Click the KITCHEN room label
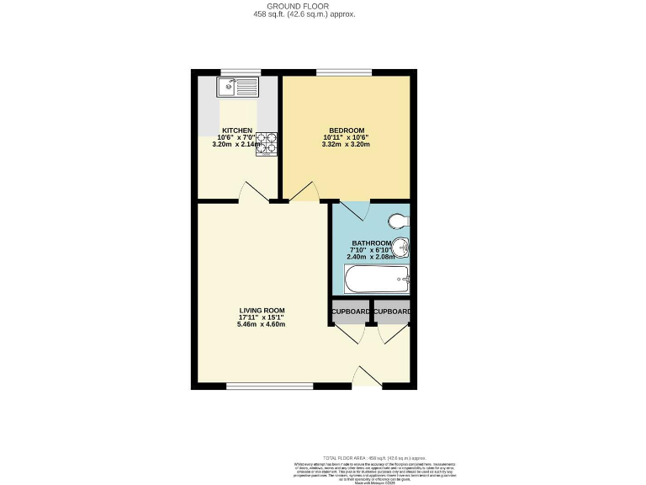236,131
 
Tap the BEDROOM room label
346,131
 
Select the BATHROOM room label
370,243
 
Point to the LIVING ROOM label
262,310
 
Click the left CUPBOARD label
350,312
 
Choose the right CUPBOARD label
392,312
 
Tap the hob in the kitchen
266,143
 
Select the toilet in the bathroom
398,221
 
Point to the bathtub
377,278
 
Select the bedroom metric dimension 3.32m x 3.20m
346,144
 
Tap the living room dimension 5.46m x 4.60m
262,324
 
